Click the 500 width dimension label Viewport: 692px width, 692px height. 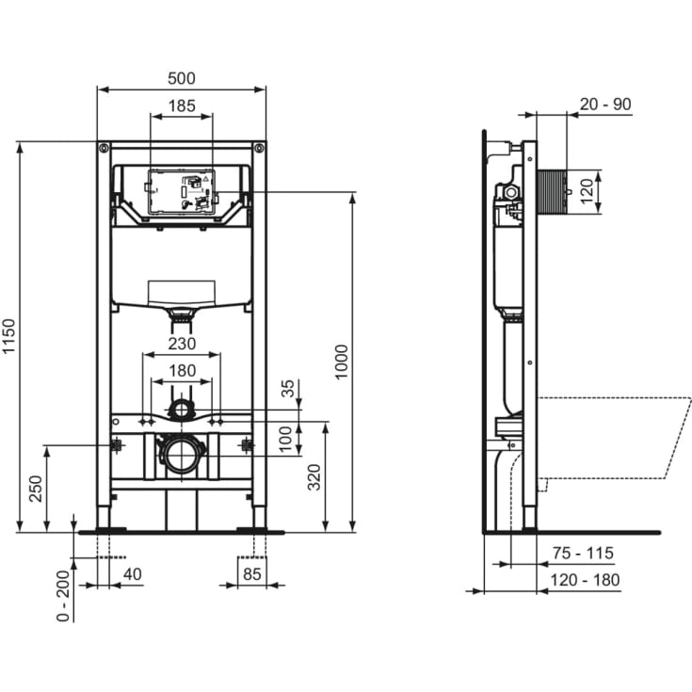tap(181, 78)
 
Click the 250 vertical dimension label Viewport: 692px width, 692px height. tap(36, 488)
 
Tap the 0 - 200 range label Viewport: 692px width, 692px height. tap(62, 595)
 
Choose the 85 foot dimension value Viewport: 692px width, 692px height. tap(251, 572)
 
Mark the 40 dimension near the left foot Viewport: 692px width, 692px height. tap(131, 572)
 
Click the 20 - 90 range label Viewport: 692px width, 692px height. tap(604, 105)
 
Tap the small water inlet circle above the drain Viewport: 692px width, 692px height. tap(180, 409)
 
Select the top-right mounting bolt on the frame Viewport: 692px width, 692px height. tap(258, 148)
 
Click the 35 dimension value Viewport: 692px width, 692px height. tap(288, 388)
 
